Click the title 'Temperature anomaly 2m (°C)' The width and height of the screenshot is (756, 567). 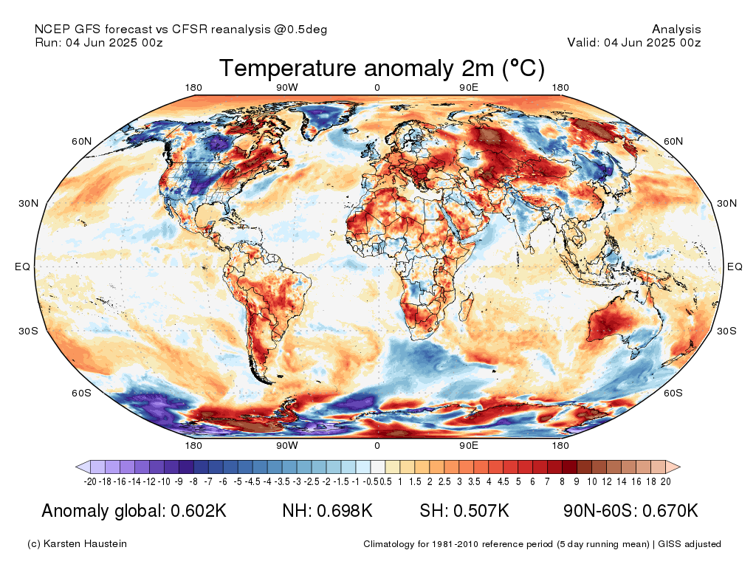coord(382,68)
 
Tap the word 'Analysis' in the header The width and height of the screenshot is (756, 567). coord(676,30)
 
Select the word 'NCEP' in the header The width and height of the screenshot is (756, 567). coord(49,29)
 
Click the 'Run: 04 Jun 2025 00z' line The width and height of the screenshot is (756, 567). coord(99,42)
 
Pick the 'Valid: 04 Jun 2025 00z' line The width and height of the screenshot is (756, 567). coord(634,42)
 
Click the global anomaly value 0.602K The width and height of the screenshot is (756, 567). coord(199,511)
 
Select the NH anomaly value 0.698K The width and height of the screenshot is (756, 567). coord(344,511)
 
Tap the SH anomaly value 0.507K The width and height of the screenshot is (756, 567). coord(481,511)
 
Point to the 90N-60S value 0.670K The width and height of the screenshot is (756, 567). coord(670,511)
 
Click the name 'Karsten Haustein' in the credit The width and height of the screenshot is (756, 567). coord(85,544)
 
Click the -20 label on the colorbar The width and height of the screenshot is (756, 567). coord(90,481)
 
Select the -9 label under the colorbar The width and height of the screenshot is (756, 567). coord(179,481)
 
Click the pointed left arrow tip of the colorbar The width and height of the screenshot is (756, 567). coord(76,467)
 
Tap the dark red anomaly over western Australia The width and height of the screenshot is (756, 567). coord(608,323)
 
